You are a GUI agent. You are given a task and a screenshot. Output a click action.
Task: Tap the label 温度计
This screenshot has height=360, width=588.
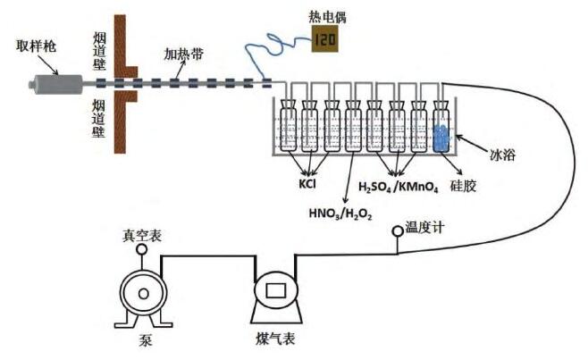[x=425, y=229]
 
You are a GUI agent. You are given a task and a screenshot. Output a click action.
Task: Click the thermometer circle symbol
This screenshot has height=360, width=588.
[x=396, y=234]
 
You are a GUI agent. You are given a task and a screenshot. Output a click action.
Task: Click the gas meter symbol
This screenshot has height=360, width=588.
[x=276, y=294]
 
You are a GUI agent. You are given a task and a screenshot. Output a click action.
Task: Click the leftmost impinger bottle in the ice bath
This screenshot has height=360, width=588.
[x=288, y=130]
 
